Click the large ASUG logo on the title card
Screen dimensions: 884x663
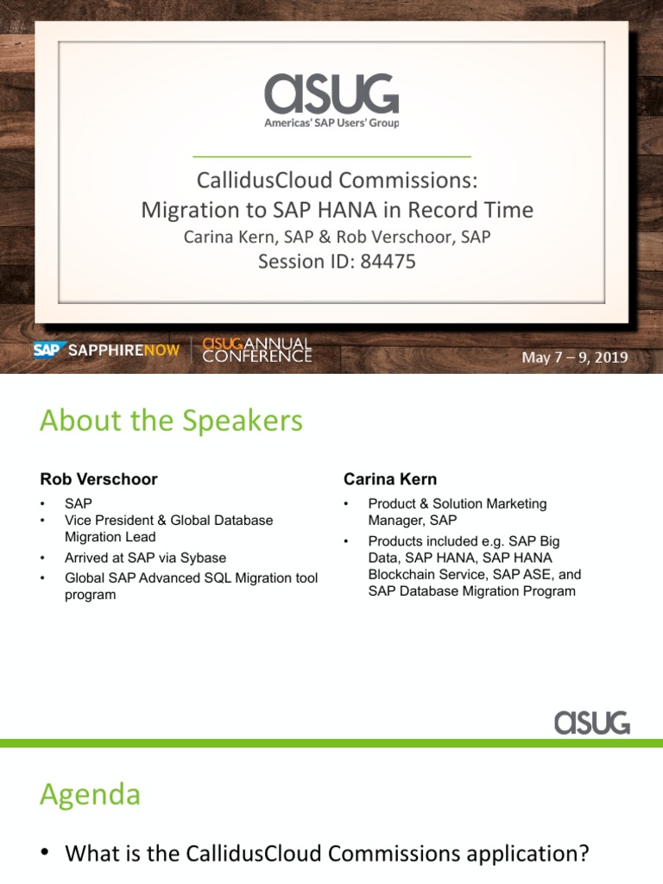coord(331,94)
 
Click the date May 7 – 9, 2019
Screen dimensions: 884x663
coord(574,357)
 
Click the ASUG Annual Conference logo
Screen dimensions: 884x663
coord(257,350)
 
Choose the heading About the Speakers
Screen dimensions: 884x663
coord(171,420)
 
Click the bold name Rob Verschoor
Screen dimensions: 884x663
coord(98,478)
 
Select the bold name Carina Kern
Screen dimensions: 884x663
coord(389,478)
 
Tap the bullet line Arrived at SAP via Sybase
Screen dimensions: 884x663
coord(145,558)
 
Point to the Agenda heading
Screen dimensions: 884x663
coord(90,793)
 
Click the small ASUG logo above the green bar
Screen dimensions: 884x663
coord(591,722)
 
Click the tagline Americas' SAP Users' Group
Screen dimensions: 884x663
coord(331,123)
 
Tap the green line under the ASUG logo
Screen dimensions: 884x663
coord(331,156)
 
